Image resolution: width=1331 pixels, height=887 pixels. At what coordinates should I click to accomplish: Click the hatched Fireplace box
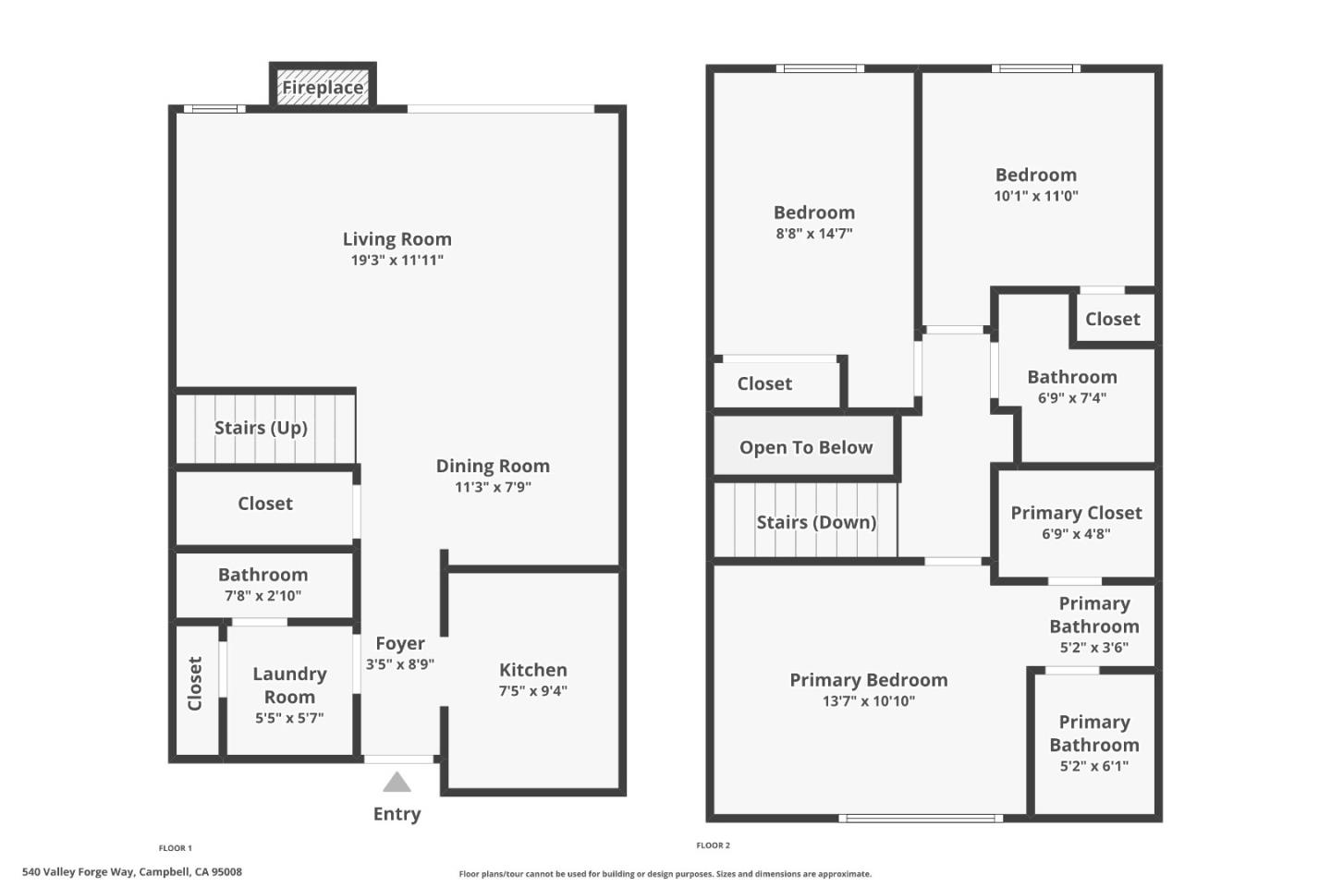coord(323,87)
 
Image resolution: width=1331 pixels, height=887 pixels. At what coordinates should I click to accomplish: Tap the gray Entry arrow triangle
coord(397,783)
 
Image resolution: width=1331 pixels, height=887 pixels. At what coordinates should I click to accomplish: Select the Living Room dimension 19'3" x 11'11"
coord(397,261)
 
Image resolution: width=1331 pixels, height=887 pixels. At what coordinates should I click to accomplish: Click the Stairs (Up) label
coord(261,428)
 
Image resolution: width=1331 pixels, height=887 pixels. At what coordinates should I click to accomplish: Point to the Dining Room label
coord(493,466)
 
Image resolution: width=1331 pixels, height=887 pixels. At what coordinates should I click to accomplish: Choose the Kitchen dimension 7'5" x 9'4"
coord(533,691)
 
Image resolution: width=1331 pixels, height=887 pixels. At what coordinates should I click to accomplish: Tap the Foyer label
coord(399,643)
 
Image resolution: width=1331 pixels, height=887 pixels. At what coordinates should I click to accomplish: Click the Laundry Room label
coord(289,685)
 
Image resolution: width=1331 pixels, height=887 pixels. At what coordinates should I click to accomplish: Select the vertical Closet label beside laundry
coord(195,684)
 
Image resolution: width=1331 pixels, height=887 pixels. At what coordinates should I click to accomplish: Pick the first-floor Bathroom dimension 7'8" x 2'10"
coord(263,596)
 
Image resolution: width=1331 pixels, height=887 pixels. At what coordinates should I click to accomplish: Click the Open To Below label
coord(805,447)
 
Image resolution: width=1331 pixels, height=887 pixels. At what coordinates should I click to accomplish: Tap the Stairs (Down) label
coord(816,522)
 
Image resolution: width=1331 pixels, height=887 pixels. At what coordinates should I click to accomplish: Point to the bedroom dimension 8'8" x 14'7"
coord(813,234)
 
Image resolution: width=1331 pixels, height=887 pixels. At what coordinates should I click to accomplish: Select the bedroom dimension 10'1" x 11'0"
coord(1035,196)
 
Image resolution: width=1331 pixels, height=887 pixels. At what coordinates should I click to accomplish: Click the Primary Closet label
coord(1076,513)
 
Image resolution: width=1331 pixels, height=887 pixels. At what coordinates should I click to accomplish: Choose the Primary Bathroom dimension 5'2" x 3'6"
coord(1093,648)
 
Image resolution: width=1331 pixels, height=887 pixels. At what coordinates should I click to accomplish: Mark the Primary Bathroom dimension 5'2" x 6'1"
coord(1093,766)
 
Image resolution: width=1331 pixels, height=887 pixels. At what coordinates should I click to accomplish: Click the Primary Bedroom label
coord(868,680)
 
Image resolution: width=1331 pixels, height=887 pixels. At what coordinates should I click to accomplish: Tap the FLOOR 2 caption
coord(713,845)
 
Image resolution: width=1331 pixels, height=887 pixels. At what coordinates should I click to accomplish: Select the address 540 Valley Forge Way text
coord(132,871)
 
